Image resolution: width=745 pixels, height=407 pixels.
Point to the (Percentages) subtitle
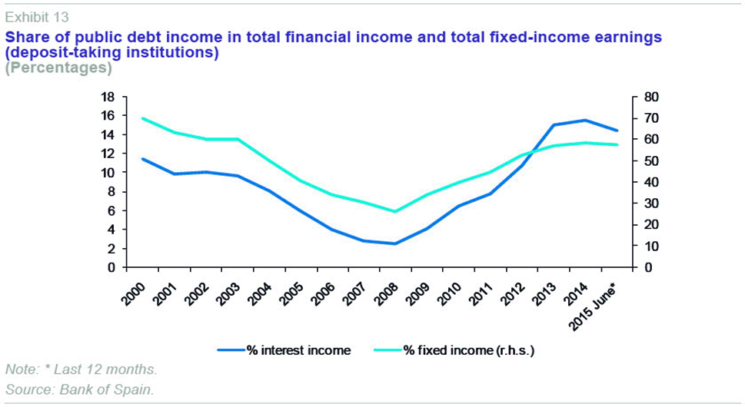click(x=58, y=68)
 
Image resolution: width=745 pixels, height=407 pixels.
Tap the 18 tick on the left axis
click(x=107, y=97)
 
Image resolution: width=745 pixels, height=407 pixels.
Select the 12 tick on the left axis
click(x=107, y=154)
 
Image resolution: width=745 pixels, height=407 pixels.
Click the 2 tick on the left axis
click(x=110, y=249)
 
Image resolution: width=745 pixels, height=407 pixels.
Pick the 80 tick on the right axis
click(x=647, y=97)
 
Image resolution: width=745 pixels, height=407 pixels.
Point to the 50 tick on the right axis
click(x=647, y=160)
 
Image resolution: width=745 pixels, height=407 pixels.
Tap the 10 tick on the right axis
click(x=647, y=246)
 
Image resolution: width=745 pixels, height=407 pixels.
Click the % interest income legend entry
click(x=298, y=350)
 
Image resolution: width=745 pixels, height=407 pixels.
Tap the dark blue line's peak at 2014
click(x=585, y=120)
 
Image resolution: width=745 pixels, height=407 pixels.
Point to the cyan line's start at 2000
click(x=142, y=118)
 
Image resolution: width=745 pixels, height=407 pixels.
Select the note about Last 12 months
click(x=81, y=369)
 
